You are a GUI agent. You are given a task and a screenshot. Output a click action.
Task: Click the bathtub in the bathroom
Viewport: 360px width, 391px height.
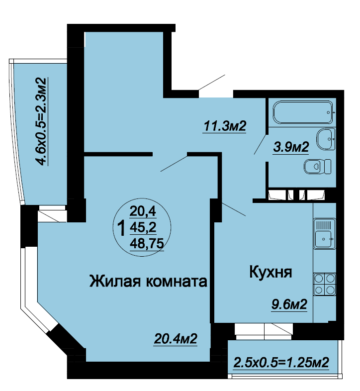(x=303, y=112)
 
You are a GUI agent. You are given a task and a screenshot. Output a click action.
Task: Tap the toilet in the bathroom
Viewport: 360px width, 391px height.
(x=318, y=166)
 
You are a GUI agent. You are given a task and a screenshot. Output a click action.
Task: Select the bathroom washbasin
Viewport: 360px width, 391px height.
(x=326, y=139)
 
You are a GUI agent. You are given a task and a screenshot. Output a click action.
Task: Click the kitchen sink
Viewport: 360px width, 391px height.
(x=324, y=234)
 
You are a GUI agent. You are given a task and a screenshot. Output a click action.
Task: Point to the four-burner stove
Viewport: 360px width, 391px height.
(x=325, y=284)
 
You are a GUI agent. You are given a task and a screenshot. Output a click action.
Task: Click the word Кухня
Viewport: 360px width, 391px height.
(x=270, y=272)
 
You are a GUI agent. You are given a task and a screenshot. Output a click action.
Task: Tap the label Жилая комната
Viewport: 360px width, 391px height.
(x=148, y=281)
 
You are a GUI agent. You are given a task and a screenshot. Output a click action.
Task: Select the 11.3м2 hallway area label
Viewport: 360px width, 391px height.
(x=225, y=126)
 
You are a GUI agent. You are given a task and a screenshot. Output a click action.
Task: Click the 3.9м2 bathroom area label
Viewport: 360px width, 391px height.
(x=291, y=147)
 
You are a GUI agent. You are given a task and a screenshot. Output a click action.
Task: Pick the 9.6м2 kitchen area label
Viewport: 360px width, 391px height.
(x=289, y=304)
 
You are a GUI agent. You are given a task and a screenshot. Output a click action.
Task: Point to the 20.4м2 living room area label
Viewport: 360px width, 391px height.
(x=176, y=339)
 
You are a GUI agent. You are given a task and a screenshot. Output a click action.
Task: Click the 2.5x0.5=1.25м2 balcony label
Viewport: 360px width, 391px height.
(x=281, y=362)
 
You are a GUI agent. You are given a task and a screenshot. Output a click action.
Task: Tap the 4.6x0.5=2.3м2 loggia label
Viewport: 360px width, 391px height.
(x=41, y=121)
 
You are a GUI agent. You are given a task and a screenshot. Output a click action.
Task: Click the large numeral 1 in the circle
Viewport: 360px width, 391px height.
(x=122, y=229)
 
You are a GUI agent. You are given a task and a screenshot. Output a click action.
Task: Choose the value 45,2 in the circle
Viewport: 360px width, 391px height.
(x=143, y=227)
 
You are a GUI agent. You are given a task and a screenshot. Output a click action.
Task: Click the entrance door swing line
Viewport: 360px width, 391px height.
(x=212, y=82)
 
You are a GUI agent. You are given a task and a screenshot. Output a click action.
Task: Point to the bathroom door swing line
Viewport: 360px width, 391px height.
(x=261, y=144)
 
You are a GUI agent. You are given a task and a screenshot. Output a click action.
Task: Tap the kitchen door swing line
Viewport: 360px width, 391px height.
(x=234, y=209)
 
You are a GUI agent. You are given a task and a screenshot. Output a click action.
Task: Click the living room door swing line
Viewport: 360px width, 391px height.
(x=174, y=164)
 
